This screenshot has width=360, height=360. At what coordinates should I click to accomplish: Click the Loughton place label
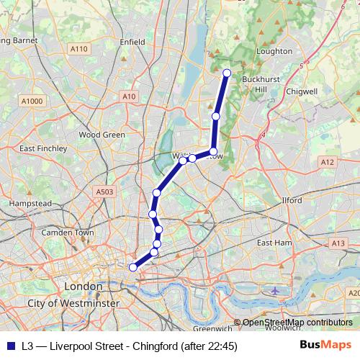pyautogui.click(x=274, y=51)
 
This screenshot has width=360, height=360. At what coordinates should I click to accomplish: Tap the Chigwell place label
pyautogui.click(x=302, y=91)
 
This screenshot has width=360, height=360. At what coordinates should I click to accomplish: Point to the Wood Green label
pyautogui.click(x=102, y=134)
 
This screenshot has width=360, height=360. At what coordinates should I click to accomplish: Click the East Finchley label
pyautogui.click(x=43, y=148)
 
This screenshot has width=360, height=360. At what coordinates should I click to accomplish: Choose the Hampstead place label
pyautogui.click(x=30, y=204)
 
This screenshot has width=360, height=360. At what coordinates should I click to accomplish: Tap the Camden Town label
pyautogui.click(x=68, y=233)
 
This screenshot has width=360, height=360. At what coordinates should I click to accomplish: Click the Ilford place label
pyautogui.click(x=292, y=201)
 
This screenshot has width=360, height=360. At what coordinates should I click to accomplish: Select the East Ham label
pyautogui.click(x=274, y=243)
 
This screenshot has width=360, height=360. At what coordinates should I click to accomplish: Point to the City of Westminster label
pyautogui.click(x=73, y=305)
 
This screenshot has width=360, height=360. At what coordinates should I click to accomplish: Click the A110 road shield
pyautogui.click(x=79, y=49)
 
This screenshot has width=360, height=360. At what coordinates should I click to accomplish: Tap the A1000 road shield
pyautogui.click(x=32, y=101)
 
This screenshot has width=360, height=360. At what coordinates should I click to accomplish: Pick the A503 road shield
pyautogui.click(x=104, y=192)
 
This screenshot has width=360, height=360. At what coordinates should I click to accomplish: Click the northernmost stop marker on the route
pyautogui.click(x=227, y=73)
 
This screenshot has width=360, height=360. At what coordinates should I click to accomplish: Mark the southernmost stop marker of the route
pyautogui.click(x=132, y=267)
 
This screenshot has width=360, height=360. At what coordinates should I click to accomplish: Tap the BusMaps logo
pyautogui.click(x=325, y=346)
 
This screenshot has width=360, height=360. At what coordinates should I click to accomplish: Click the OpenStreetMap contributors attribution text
pyautogui.click(x=297, y=323)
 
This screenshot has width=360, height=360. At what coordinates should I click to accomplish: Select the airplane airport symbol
pyautogui.click(x=276, y=290)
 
